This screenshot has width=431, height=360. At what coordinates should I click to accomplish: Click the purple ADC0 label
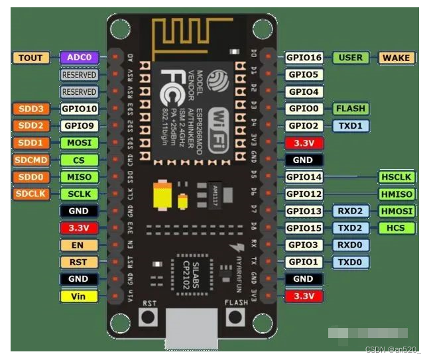(x=79, y=58)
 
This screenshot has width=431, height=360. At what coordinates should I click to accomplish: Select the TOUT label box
(x=30, y=58)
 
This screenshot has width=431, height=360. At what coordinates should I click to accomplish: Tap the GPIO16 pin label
(x=305, y=58)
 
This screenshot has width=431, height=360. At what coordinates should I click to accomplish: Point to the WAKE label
(x=397, y=58)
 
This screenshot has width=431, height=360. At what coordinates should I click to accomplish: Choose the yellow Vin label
(x=78, y=296)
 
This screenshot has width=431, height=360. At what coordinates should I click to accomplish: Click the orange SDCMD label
(x=30, y=160)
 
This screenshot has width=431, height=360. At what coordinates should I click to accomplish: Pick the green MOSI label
(x=79, y=143)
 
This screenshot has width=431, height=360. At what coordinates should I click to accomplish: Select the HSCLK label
(x=397, y=177)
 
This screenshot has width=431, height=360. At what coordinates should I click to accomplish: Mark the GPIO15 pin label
(x=305, y=228)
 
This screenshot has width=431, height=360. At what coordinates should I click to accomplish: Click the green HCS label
(x=397, y=228)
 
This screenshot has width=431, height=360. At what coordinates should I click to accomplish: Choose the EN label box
(x=78, y=245)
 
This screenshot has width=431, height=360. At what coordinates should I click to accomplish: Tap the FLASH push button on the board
(x=235, y=317)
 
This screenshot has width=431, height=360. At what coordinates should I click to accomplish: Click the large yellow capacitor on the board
(x=162, y=196)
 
